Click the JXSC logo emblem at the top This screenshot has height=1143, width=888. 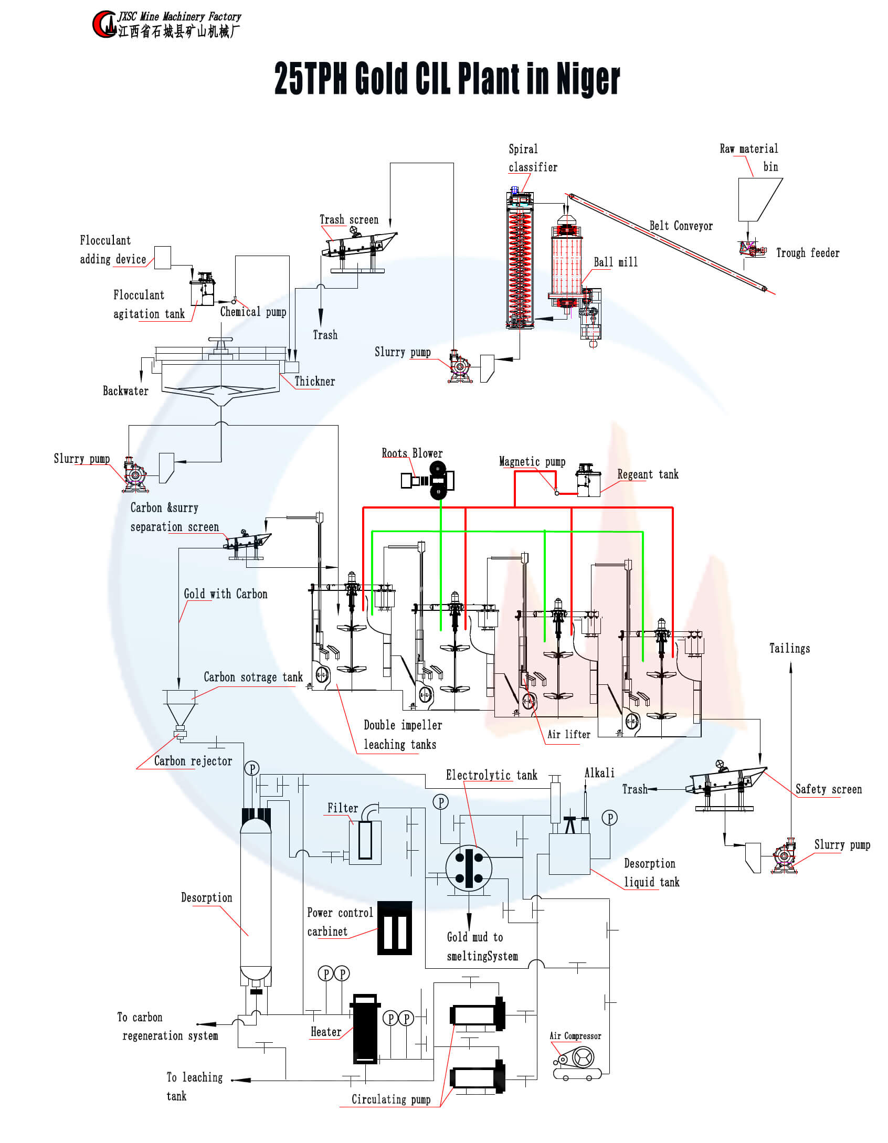pos(104,24)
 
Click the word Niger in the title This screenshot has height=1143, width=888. pos(588,79)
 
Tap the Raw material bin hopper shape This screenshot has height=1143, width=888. pos(759,199)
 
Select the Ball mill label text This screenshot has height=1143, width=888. pos(616,262)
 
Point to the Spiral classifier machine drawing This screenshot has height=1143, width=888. pos(520,260)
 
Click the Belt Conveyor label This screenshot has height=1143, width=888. pos(681,226)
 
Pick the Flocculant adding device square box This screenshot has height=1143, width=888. pos(162,258)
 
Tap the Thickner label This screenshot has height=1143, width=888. pos(314,382)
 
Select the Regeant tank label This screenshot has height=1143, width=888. pos(648,474)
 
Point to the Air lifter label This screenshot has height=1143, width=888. pos(569,734)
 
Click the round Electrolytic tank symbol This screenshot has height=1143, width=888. pos(469,868)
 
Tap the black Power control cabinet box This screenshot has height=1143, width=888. pos(395,928)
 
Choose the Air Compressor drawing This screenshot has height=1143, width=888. pos(577,1063)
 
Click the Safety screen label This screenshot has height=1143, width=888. pos(828,789)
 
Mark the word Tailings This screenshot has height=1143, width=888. pos(789,649)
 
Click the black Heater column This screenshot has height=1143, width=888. pos(365,1029)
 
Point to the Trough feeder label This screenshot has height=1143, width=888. pos(808,253)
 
